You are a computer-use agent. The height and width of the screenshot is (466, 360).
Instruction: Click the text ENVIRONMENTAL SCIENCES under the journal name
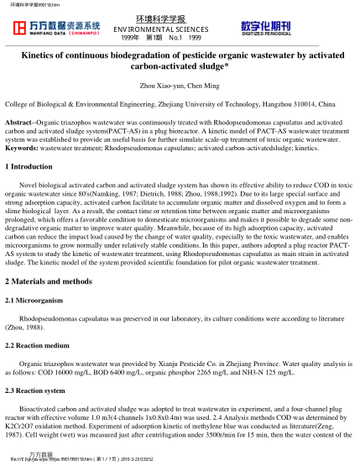[x=180, y=27]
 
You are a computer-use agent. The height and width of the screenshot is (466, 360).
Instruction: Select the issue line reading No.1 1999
[x=190, y=37]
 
